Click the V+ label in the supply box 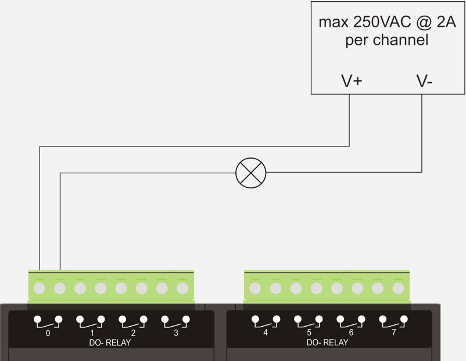click(352, 81)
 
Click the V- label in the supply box click(424, 81)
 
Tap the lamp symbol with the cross click(250, 173)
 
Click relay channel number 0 click(48, 333)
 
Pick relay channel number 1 click(92, 333)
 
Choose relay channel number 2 click(133, 333)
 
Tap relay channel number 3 click(176, 333)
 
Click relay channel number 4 click(266, 333)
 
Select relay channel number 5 click(309, 333)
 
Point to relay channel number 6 click(351, 333)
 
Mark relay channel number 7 click(393, 333)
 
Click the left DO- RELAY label click(110, 342)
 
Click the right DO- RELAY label click(328, 342)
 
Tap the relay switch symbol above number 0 click(48, 320)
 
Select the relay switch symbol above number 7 click(393, 320)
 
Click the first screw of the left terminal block click(40, 288)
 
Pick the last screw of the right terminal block click(398, 288)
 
